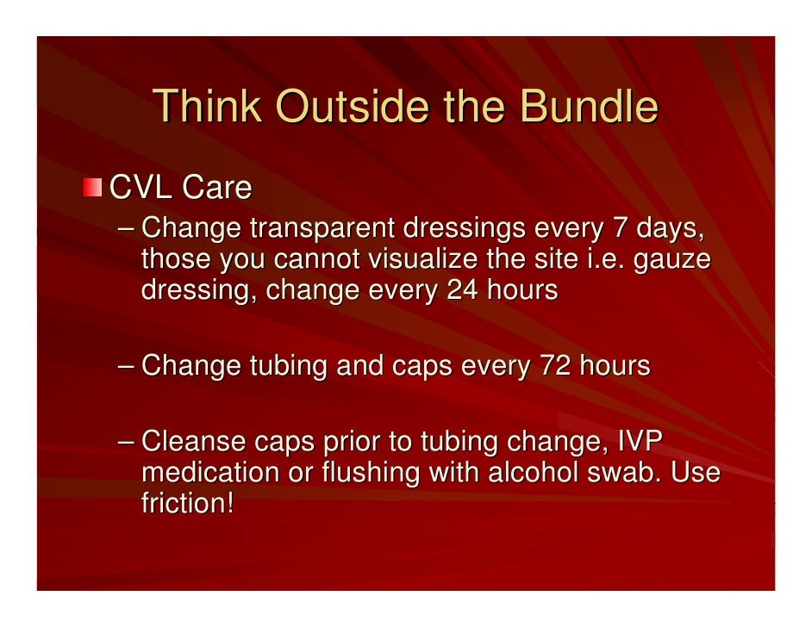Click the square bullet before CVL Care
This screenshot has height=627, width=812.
[92, 188]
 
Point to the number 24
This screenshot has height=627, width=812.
[462, 290]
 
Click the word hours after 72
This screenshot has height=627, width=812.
[613, 366]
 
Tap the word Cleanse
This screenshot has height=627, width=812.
[193, 443]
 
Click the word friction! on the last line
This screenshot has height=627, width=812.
[187, 504]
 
